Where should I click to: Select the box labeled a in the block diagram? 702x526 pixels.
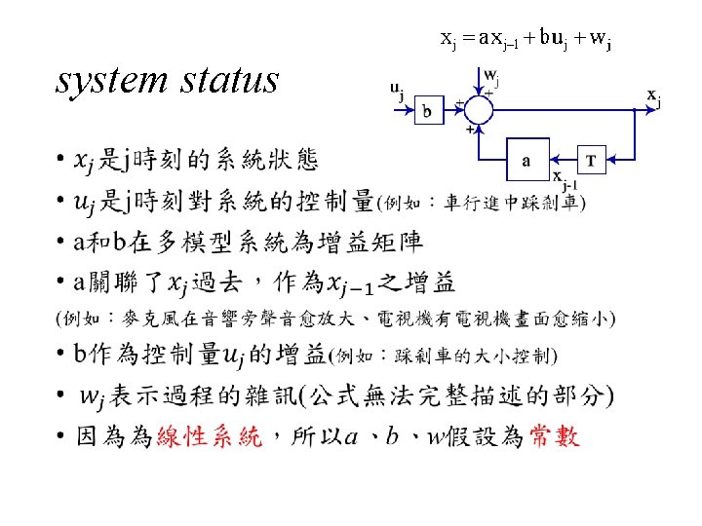[x=526, y=163]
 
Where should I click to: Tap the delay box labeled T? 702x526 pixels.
[x=591, y=163]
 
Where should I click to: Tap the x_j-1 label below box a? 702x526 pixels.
[x=564, y=182]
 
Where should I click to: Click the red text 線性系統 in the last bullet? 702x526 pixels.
[x=210, y=437]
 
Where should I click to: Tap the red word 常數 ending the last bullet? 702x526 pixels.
[x=554, y=436]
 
